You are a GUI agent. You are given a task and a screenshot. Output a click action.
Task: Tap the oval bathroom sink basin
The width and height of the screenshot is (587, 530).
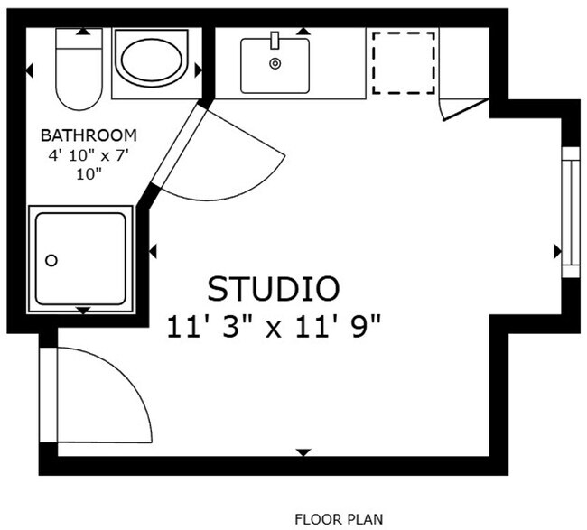pos(153,61)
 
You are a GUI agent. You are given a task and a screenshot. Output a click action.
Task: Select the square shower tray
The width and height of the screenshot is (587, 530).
pos(82,259)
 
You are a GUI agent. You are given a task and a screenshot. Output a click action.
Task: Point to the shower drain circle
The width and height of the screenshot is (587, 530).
pos(51,261)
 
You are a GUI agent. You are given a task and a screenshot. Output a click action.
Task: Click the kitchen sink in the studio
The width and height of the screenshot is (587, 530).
pos(275,64)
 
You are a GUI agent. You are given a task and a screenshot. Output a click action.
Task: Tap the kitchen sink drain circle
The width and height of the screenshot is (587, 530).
pos(275,63)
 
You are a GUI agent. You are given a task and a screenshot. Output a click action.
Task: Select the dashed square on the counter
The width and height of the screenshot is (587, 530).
pos(404,62)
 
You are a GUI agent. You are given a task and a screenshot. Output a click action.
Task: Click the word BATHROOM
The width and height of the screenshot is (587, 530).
pos(89,135)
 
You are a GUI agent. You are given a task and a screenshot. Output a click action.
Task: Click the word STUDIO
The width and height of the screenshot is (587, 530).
pos(274,289)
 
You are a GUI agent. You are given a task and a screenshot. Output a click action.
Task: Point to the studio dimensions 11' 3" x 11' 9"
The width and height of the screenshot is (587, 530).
pos(274,326)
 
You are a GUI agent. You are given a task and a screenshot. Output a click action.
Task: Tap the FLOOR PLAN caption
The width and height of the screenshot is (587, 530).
pos(339,518)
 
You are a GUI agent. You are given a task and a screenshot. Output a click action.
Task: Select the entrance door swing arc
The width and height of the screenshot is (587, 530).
pos(108,397)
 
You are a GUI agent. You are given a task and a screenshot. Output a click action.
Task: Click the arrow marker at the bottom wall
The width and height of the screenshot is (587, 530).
pos(303,451)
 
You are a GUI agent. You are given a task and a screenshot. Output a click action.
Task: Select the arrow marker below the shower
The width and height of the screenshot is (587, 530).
pos(83,311)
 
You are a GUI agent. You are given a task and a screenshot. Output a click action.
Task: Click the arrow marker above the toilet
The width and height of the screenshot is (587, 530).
pos(83,32)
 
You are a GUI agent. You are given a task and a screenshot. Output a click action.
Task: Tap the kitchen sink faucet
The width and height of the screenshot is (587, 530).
pos(275,40)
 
